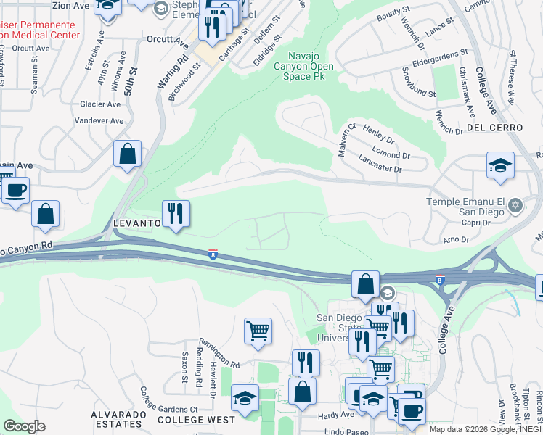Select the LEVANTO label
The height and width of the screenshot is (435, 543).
[136, 224]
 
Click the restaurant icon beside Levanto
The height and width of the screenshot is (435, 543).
[175, 214]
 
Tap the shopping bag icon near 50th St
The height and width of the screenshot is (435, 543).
[127, 154]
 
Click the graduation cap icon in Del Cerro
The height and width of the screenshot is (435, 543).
[500, 167]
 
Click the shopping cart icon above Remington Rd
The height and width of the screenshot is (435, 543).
[258, 331]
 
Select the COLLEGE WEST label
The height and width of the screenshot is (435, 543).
[196, 420]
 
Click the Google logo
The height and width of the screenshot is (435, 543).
[24, 426]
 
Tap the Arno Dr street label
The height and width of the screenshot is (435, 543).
[456, 239]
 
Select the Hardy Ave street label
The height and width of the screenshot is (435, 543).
[335, 415]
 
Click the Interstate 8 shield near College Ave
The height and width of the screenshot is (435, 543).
[441, 278]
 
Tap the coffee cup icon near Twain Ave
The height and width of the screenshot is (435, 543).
[15, 191]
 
